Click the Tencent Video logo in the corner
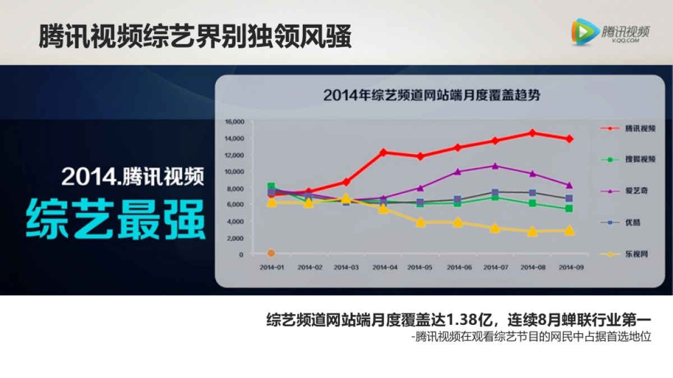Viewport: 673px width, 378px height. pos(610,31)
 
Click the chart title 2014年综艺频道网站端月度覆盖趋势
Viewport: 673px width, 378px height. pos(432,95)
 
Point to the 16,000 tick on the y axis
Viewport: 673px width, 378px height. pos(234,122)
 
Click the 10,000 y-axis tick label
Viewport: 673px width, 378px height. pos(234,171)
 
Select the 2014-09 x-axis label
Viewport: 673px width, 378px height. pos(570,268)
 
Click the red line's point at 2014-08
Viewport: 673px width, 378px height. pos(532,133)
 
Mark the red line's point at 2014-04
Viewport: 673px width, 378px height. pos(384,152)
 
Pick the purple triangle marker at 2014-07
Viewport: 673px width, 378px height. pos(495,166)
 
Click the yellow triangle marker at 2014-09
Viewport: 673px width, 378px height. pos(569,230)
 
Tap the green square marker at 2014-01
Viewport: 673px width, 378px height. pos(271,186)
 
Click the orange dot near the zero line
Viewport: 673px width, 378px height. pos(271,254)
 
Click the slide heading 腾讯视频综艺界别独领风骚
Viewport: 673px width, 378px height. pos(195,37)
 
